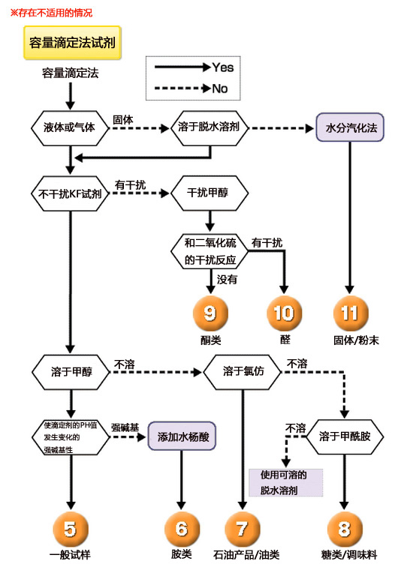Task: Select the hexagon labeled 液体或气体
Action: tap(70, 127)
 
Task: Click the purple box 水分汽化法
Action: tap(349, 127)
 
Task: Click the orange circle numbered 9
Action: tap(210, 313)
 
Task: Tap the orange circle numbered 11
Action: tap(349, 313)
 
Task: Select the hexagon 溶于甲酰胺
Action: tap(345, 435)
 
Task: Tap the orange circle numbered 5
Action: tap(70, 528)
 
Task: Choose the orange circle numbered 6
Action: tap(181, 528)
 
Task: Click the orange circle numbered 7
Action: tap(243, 528)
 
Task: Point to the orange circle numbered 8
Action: tap(345, 528)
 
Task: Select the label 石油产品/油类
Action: tap(243, 556)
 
